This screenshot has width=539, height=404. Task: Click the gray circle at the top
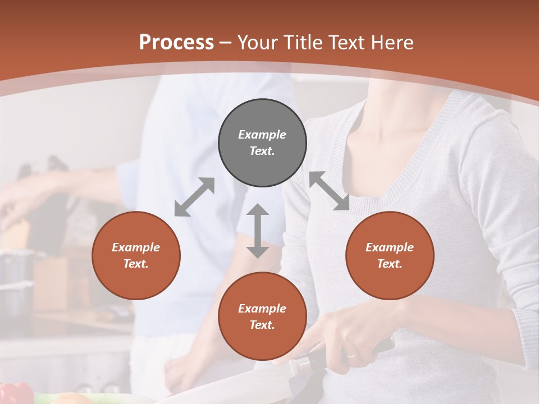(x=262, y=143)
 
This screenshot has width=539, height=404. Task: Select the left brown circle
(x=136, y=256)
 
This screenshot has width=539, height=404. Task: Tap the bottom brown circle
(x=262, y=316)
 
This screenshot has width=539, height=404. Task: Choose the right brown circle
(x=390, y=256)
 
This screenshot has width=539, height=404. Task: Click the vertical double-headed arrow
(x=258, y=231)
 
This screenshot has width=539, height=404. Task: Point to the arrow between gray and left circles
(x=194, y=197)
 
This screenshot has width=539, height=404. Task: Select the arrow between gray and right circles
(x=329, y=191)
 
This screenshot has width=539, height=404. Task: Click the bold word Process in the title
(x=176, y=43)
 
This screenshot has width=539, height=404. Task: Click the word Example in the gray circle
(x=262, y=135)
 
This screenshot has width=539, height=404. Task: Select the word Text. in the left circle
(x=136, y=264)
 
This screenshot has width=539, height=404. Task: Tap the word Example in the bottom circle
(x=262, y=309)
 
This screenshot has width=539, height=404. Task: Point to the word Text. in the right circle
(x=390, y=264)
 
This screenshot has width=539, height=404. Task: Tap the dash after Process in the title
(x=226, y=43)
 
